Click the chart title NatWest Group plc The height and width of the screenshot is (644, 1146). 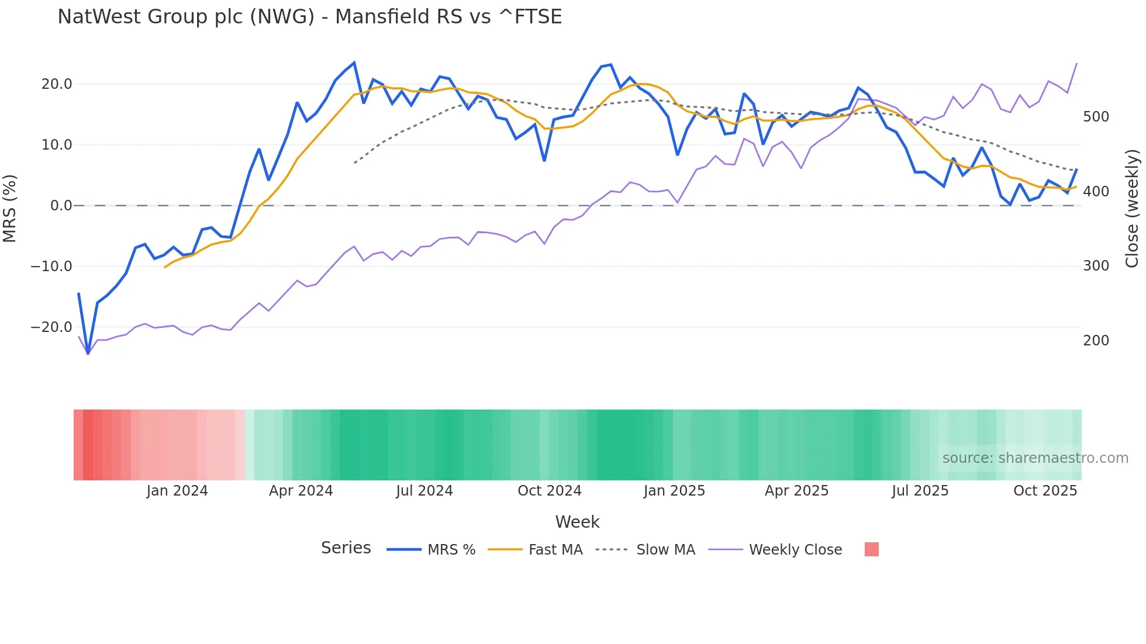coord(309,17)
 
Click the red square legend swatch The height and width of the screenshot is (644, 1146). coord(871,549)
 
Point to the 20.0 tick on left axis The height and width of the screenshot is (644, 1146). coord(57,84)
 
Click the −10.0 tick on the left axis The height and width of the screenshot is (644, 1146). coord(51,266)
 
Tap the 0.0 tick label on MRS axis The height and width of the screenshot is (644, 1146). coord(61,206)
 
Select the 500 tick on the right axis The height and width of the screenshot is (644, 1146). coord(1096,117)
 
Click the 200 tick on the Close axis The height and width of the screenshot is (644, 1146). coord(1096,341)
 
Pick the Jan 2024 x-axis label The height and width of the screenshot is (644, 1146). coord(177,491)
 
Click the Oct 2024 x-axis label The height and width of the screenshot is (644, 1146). coord(550,491)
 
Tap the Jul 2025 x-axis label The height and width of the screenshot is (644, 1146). coord(920,491)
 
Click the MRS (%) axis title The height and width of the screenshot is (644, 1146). coord(10,208)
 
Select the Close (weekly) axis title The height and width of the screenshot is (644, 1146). coord(1132,208)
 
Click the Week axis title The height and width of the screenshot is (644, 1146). coord(577,522)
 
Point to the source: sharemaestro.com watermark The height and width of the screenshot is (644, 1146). coord(1035,458)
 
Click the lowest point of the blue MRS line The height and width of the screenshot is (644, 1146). coord(88,353)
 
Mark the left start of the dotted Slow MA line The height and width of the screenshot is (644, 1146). coord(355,163)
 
